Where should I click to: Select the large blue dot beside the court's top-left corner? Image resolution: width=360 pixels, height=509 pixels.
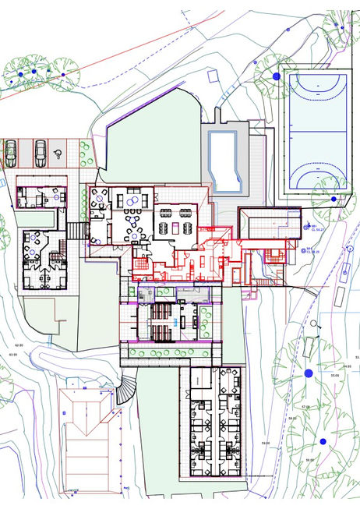click(x=275, y=76)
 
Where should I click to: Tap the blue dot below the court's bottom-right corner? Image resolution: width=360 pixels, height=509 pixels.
click(x=334, y=200)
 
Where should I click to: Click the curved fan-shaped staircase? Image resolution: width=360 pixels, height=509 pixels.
click(x=125, y=391)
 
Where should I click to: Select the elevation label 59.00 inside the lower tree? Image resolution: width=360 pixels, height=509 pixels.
click(x=310, y=460)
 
